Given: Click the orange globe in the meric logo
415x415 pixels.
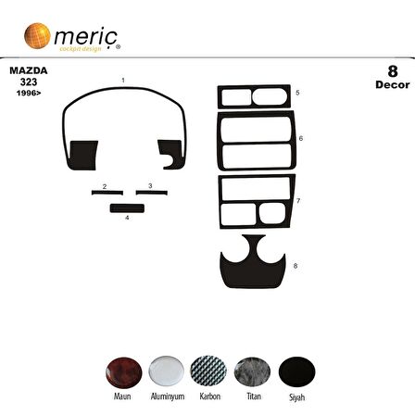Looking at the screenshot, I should [x=36, y=36].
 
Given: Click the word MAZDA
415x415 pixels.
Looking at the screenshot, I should [x=26, y=70].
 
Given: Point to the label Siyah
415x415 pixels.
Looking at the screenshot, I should [x=296, y=396].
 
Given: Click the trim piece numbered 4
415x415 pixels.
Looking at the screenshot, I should [x=127, y=207].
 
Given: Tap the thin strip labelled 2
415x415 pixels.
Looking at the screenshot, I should [x=107, y=193].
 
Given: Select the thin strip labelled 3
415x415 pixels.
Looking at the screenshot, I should [x=150, y=193].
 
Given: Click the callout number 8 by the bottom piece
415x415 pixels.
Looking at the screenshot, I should [x=295, y=266].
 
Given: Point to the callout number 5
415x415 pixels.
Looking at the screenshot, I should [x=297, y=94].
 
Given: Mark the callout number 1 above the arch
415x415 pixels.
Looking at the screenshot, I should [x=122, y=81].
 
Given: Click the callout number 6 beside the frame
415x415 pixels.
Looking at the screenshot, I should [x=300, y=138].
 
